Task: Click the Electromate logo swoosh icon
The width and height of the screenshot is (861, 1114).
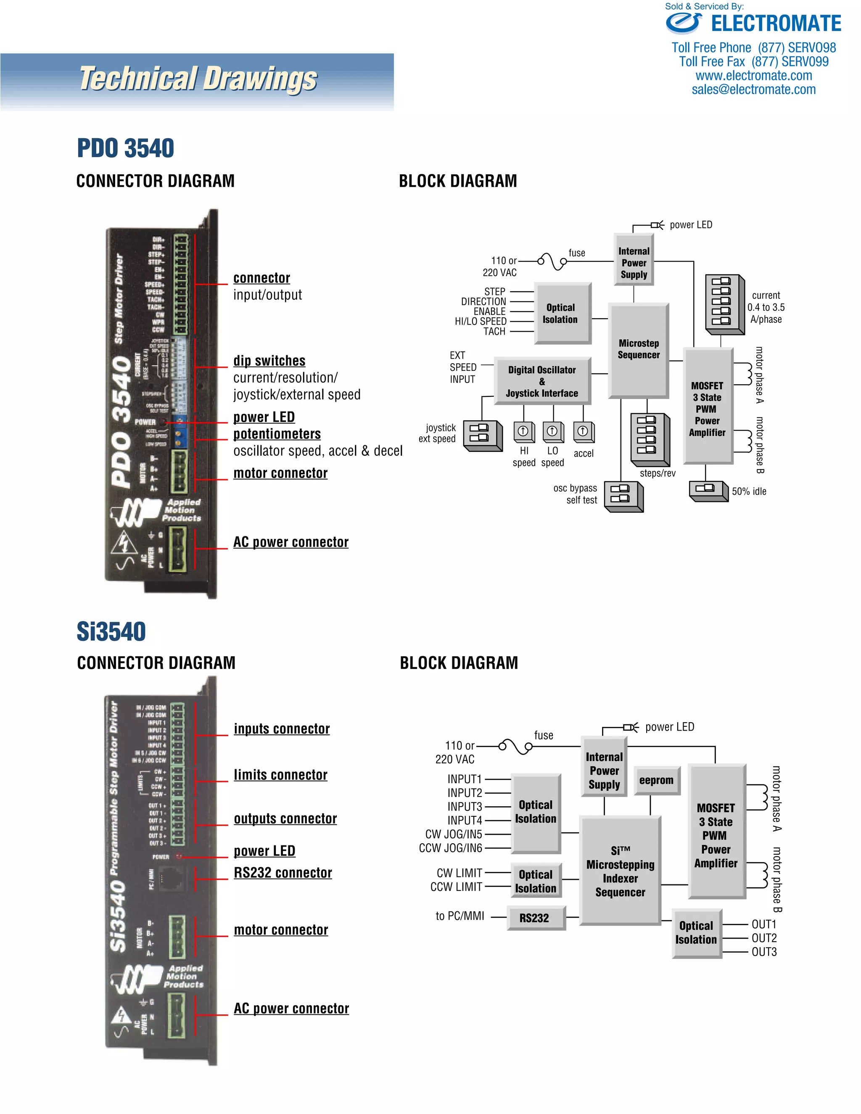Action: coord(684,23)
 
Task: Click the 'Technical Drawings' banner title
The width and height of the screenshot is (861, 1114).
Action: coord(198,79)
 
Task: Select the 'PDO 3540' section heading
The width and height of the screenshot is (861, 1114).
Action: coord(125,148)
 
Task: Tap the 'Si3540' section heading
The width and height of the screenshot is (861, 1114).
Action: coord(111,631)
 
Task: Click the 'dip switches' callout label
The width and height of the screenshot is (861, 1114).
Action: coord(269,361)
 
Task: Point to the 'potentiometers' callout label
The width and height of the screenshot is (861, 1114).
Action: coord(277,434)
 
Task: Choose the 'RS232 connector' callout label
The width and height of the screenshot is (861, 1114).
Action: coord(283,873)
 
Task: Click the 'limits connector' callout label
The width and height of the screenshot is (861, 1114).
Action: coord(280,775)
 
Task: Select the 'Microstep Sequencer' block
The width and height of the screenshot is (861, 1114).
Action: coord(639,350)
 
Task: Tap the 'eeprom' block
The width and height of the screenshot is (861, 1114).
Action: coord(656,780)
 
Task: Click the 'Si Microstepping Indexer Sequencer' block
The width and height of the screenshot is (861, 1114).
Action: coord(620,871)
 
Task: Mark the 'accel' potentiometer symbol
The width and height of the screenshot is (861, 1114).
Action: coord(584,432)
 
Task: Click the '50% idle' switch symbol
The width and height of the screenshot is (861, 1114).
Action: coord(708,490)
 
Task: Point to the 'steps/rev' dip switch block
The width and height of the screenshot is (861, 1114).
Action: coord(649,438)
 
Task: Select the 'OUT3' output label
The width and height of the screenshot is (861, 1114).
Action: coord(764,952)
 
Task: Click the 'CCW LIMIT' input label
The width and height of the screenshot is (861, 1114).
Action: coord(456,887)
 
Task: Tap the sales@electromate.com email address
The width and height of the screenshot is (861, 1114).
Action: coord(753,90)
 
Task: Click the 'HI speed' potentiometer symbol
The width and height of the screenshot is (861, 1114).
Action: coord(524,432)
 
